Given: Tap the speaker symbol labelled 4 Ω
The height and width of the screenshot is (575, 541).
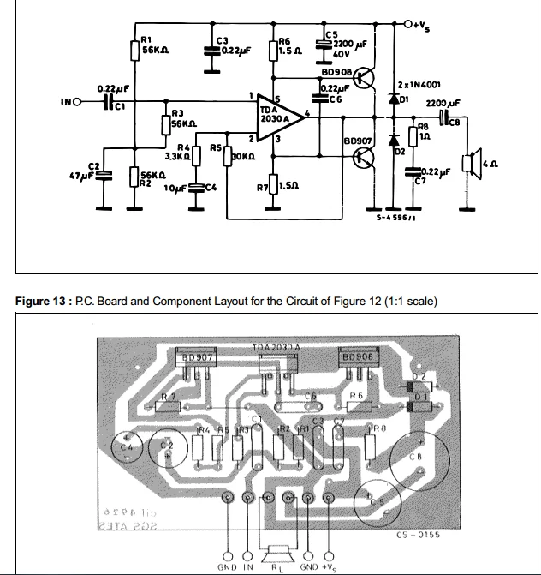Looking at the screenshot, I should click(468, 163).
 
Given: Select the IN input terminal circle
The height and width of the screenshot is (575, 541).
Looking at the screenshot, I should click(78, 103).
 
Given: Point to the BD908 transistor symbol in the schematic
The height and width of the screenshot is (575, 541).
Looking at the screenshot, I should click(367, 78).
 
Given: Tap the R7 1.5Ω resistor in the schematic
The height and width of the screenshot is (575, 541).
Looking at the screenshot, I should click(272, 183).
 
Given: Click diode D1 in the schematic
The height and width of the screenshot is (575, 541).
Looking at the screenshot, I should click(393, 98).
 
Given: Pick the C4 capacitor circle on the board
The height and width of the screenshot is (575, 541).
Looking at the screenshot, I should click(128, 446).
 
